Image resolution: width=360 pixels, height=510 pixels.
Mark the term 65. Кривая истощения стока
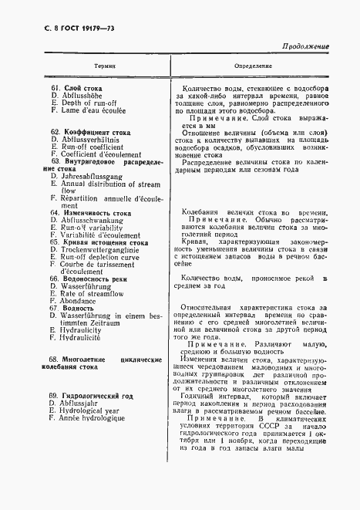(x=99, y=242)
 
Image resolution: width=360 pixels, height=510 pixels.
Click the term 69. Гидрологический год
(x=96, y=396)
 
